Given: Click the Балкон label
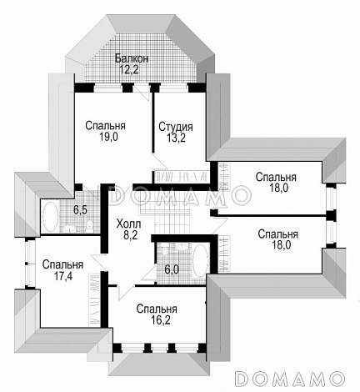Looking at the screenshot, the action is (132, 58).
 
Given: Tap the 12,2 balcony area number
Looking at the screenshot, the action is (129, 69).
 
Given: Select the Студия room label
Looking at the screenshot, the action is (176, 127).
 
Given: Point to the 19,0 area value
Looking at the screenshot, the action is (108, 137).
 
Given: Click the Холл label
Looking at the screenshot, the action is (128, 224).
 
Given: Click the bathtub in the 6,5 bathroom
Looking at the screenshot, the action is (51, 217).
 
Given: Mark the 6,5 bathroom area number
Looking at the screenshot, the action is (80, 210).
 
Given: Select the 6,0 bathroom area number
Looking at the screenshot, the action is (172, 269).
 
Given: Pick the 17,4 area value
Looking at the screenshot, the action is (62, 276).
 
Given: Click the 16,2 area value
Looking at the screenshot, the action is (157, 320).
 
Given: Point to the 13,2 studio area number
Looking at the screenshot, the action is (176, 138).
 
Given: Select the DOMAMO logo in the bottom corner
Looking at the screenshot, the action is (290, 379).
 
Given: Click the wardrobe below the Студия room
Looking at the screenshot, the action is (182, 176).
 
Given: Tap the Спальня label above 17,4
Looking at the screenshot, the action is (62, 264).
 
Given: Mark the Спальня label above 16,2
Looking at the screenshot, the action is (157, 309).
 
